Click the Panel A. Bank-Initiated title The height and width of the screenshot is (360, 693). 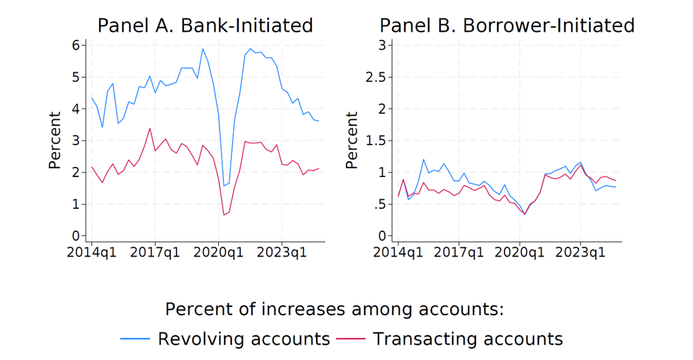click(x=205, y=25)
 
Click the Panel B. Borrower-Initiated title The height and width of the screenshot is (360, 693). click(x=506, y=25)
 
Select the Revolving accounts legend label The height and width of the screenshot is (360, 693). click(x=243, y=339)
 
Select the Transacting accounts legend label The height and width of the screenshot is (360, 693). click(x=467, y=339)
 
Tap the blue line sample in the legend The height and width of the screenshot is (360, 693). click(x=135, y=339)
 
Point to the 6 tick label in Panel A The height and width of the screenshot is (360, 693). click(x=75, y=45)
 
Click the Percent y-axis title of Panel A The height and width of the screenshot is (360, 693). click(x=55, y=140)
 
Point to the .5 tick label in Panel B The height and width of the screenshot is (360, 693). click(x=380, y=204)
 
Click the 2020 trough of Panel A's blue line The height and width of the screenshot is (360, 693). click(x=224, y=185)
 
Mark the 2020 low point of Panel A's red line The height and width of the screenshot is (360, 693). click(x=224, y=215)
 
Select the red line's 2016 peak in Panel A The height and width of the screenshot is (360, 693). click(x=149, y=129)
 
